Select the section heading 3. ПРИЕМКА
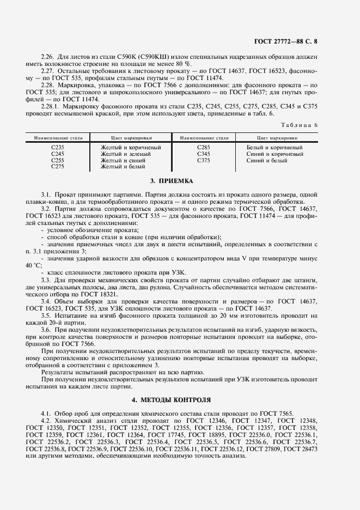171,180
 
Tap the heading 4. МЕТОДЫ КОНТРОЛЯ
171,399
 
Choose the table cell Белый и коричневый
274,148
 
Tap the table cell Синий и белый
266,161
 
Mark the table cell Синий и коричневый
274,154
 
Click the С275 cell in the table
58,167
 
